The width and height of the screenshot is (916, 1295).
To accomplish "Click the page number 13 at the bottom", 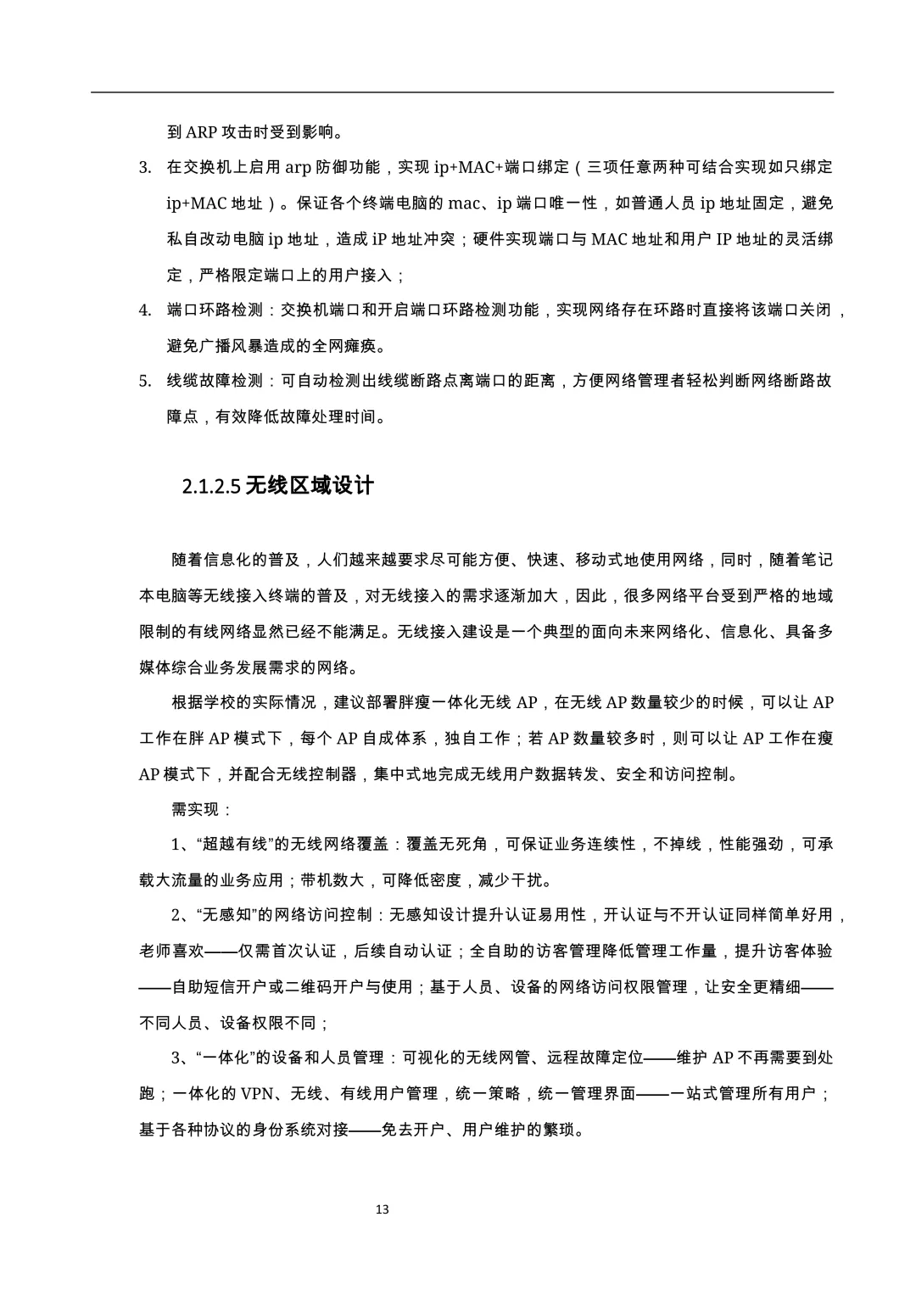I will [x=382, y=1209].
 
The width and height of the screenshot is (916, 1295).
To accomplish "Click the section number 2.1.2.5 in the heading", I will [x=210, y=487].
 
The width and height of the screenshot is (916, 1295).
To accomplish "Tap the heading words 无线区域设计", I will [x=309, y=486].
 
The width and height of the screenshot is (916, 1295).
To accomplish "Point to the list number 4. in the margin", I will [x=145, y=310].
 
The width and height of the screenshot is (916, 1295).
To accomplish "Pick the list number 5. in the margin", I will [x=145, y=382].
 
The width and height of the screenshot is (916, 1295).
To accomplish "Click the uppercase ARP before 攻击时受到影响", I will [x=201, y=132].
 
